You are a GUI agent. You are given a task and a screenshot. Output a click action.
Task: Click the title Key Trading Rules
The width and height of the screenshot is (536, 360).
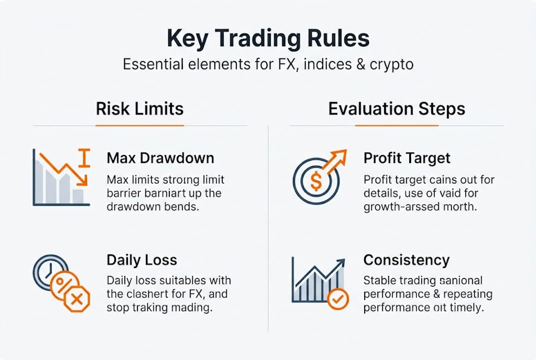(x=268, y=39)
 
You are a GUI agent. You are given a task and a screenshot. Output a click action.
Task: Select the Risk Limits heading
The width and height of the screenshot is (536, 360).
(x=140, y=109)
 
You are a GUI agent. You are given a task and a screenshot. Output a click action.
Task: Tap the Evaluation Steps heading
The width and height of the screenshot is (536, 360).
(x=397, y=109)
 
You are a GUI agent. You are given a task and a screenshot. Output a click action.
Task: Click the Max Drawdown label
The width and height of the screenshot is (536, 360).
(x=160, y=158)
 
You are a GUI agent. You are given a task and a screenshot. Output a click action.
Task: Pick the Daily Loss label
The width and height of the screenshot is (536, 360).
(x=142, y=260)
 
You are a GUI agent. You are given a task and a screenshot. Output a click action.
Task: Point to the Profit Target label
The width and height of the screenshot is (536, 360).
(x=407, y=158)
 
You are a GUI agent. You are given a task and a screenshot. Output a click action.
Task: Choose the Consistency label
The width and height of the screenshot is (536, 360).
(x=407, y=260)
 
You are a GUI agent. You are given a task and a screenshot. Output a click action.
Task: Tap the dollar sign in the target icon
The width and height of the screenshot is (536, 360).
(x=316, y=181)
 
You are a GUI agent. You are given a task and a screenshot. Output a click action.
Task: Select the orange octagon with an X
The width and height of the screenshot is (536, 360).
(x=76, y=299)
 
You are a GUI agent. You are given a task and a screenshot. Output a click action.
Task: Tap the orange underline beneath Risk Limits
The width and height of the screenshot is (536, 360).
(x=140, y=125)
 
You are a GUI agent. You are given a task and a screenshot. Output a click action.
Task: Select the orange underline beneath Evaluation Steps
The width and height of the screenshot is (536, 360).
(x=397, y=125)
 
